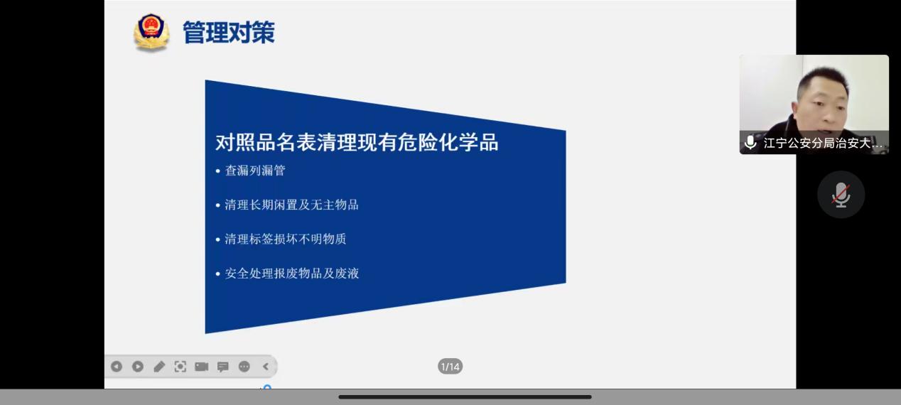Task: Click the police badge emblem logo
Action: (x=151, y=32)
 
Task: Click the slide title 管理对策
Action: (x=229, y=32)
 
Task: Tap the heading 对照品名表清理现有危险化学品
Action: (x=357, y=142)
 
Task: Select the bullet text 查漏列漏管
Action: (x=255, y=171)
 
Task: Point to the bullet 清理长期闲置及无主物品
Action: (x=291, y=205)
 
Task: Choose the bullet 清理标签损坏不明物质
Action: (x=286, y=239)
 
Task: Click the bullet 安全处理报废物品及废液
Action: (x=291, y=274)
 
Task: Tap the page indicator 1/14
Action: (x=450, y=367)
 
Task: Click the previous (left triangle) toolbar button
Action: (x=117, y=367)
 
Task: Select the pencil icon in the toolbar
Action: (x=159, y=367)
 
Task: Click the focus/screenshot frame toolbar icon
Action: (x=180, y=367)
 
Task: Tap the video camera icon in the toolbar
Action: (x=202, y=367)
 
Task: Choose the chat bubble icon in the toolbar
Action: (x=223, y=367)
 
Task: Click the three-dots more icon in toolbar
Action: (x=244, y=367)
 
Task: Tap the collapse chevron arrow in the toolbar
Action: (x=266, y=367)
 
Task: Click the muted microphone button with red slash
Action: (x=841, y=195)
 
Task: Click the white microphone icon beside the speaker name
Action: (x=750, y=142)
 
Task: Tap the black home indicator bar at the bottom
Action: (x=465, y=397)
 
